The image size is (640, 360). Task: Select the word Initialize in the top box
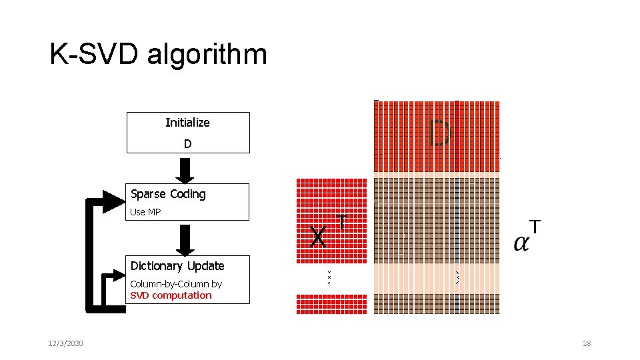coord(187,123)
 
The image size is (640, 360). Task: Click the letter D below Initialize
coord(188,144)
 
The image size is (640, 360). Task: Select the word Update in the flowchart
coord(207,266)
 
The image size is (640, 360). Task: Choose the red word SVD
coord(140,295)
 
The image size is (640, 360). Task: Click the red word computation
coord(182,295)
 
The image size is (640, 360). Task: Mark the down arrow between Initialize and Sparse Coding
coord(187,171)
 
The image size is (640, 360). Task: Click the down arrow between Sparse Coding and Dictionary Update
coord(187,240)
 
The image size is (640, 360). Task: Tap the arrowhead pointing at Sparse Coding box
coord(112,201)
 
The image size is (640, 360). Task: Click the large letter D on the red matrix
coord(439,133)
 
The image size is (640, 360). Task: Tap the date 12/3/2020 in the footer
coord(65,343)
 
